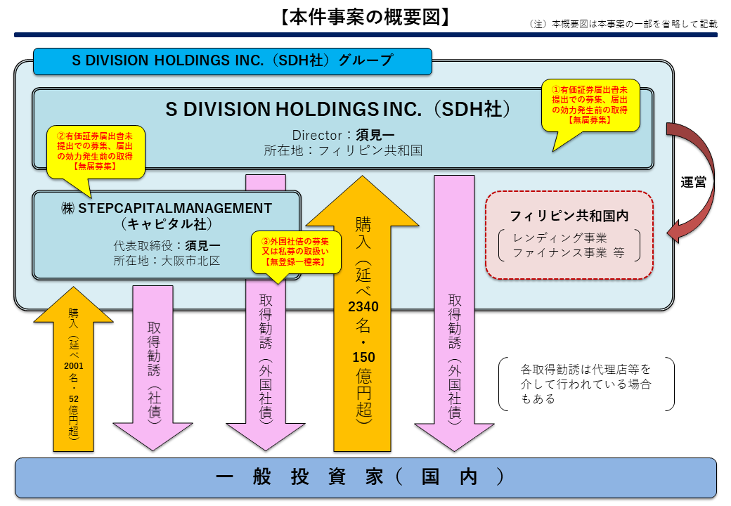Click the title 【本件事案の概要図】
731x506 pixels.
[x=365, y=17]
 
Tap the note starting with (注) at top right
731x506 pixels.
[x=623, y=24]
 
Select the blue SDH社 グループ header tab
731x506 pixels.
[x=232, y=60]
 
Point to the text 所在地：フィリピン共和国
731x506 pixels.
[x=343, y=150]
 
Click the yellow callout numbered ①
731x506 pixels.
[x=589, y=105]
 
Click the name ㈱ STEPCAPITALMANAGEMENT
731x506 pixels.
[x=166, y=209]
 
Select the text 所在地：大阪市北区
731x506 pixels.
[x=166, y=261]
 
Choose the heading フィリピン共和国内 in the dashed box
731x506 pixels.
[x=569, y=214]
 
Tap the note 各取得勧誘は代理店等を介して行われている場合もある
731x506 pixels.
[x=586, y=384]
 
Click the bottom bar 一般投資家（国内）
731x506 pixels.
[x=365, y=477]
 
